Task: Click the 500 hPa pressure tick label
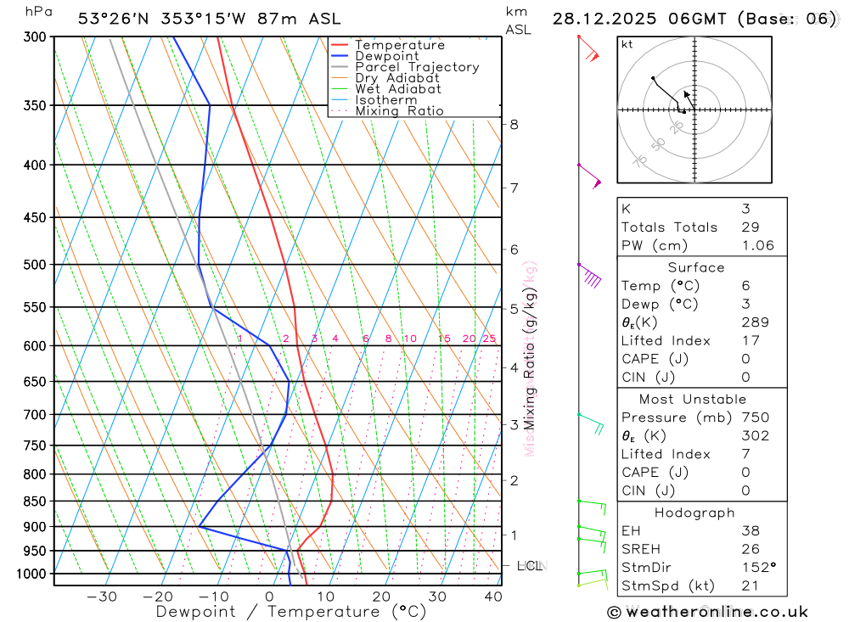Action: click(x=35, y=265)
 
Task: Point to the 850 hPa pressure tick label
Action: click(x=35, y=502)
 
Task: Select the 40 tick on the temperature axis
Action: click(x=492, y=597)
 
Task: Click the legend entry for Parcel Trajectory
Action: click(x=417, y=67)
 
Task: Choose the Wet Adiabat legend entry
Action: click(x=398, y=89)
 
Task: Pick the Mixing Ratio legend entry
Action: click(x=399, y=111)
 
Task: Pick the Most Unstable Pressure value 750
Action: click(x=755, y=417)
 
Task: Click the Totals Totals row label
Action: click(x=669, y=227)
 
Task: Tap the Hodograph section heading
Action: click(x=695, y=513)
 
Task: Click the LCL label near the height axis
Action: click(x=529, y=566)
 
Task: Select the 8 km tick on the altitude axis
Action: click(x=514, y=124)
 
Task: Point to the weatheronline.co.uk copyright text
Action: click(x=708, y=612)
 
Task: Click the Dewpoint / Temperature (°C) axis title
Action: click(x=291, y=612)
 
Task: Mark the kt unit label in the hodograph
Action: click(x=627, y=44)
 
